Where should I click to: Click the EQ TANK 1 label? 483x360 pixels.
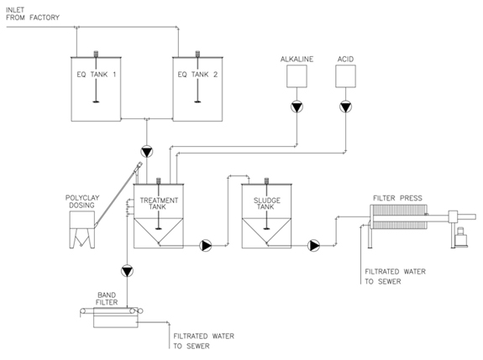click(x=97, y=75)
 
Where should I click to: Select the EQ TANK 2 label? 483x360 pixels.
click(x=197, y=75)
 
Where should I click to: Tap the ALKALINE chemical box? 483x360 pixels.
click(x=297, y=76)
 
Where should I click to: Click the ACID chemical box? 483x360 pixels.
click(x=345, y=76)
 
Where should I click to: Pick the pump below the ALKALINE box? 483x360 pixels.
click(x=297, y=107)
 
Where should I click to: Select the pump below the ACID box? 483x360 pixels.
click(x=345, y=107)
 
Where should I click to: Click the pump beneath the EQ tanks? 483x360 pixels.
click(x=147, y=152)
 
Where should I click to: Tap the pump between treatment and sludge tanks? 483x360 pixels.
click(x=206, y=246)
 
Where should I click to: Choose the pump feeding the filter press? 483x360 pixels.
click(x=313, y=246)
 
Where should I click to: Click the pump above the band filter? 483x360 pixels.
click(x=127, y=271)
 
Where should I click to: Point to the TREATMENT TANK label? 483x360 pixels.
click(x=159, y=204)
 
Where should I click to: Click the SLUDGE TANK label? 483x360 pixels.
click(x=267, y=204)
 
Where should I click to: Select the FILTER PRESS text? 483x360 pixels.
click(x=397, y=198)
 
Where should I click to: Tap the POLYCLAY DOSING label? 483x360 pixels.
click(x=82, y=201)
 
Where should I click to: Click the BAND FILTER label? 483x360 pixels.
click(x=107, y=299)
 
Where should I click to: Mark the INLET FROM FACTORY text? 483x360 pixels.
click(x=33, y=13)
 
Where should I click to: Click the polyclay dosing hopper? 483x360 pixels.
click(x=82, y=229)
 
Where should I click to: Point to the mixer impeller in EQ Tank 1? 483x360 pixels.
click(x=96, y=102)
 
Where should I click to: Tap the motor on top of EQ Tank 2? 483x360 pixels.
click(x=197, y=54)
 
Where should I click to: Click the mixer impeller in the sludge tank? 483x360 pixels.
click(x=267, y=228)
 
